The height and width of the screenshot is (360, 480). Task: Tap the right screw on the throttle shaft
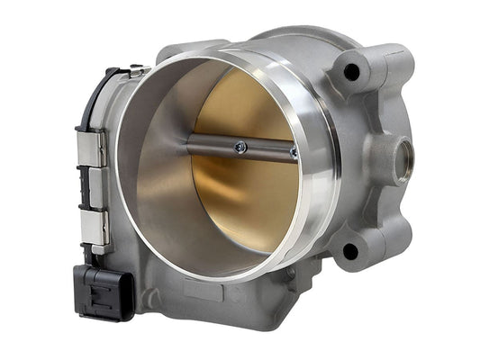click(x=294, y=153)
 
